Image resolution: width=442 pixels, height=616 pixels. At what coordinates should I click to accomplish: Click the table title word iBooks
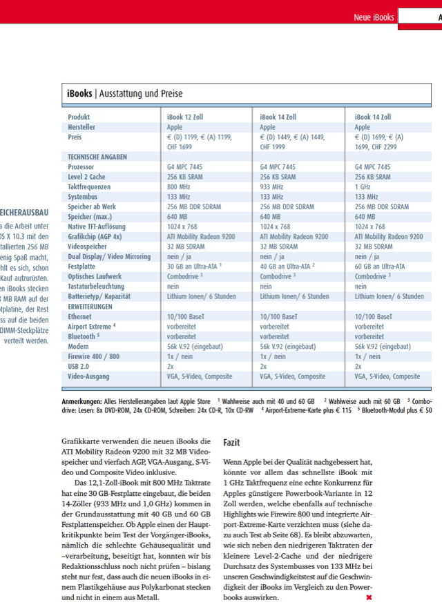click(x=79, y=93)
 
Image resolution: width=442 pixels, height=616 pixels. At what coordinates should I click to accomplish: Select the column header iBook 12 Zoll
click(x=185, y=117)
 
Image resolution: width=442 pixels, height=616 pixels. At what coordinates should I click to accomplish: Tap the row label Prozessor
click(x=82, y=167)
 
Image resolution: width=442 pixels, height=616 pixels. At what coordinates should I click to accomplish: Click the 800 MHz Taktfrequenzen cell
click(x=179, y=187)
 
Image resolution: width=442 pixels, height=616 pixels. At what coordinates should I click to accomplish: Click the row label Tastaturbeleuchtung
click(x=96, y=287)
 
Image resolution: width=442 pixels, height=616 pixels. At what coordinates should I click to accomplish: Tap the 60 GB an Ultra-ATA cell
click(x=380, y=267)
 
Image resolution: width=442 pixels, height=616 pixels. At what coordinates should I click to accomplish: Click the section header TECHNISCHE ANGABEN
click(x=97, y=157)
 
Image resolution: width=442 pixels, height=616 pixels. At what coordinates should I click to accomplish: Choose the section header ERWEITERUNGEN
click(x=90, y=307)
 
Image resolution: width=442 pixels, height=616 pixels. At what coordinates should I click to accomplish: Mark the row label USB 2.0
click(x=79, y=367)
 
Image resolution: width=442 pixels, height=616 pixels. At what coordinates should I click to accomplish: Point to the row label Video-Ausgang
click(x=88, y=376)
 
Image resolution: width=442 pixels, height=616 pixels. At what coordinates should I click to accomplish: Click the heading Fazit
click(x=232, y=442)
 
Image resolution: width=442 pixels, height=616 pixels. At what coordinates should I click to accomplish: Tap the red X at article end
click(x=369, y=597)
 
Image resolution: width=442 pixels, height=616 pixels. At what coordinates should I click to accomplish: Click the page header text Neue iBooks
click(x=374, y=17)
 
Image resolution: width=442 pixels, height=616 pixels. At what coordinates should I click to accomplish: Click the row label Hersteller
click(x=81, y=127)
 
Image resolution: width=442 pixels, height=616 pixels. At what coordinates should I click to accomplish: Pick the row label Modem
click(x=78, y=347)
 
